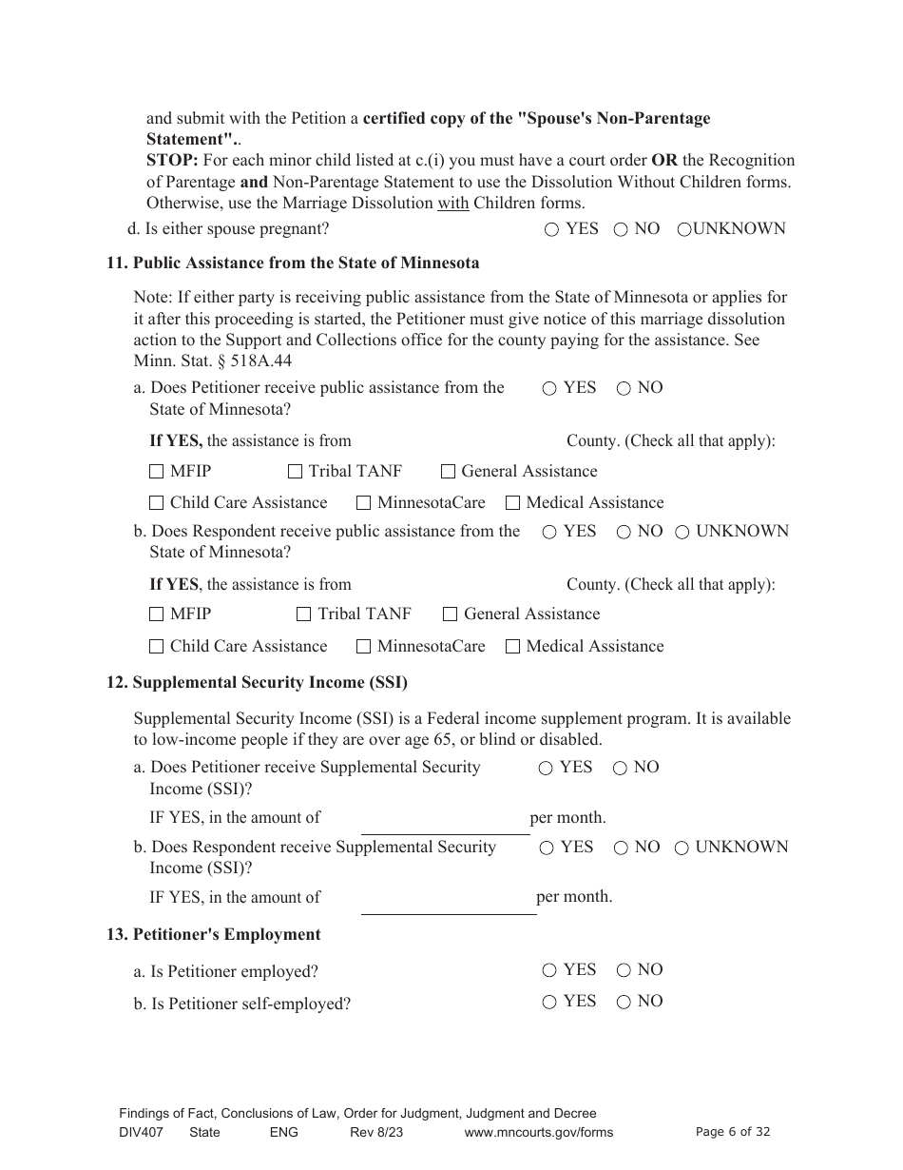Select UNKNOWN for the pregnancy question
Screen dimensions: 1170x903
coord(683,229)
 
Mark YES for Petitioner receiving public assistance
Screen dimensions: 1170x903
coord(550,388)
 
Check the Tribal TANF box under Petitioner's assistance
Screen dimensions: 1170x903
coord(295,472)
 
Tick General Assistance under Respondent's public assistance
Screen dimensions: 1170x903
coord(451,614)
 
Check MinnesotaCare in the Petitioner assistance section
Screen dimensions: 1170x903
coord(363,503)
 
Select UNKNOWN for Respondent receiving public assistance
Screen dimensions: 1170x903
coord(682,533)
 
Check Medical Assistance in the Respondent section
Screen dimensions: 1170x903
coord(512,647)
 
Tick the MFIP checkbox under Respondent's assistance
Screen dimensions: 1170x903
coord(157,614)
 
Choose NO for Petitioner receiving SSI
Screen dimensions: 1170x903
coord(620,769)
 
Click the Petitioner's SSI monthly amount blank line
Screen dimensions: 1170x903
coord(445,824)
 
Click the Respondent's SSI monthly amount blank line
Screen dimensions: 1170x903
coord(449,903)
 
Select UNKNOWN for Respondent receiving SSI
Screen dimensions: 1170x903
coord(682,848)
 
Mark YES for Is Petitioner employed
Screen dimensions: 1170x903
coord(549,970)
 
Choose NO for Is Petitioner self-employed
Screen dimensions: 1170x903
coord(624,1002)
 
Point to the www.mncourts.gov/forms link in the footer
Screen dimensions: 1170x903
coord(538,1132)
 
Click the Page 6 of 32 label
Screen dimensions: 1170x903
coord(732,1132)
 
